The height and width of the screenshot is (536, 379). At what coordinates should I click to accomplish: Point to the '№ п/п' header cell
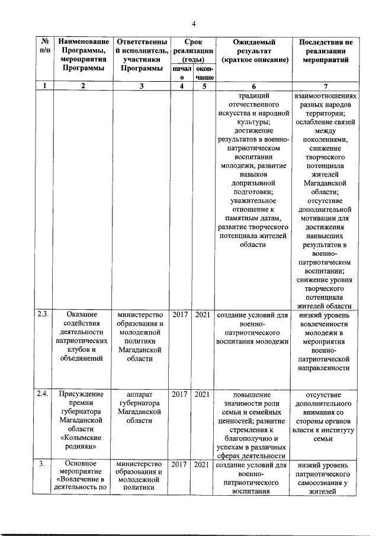44,47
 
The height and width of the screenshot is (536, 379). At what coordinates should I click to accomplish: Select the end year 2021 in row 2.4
203,394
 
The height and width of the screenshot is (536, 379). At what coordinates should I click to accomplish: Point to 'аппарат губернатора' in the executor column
140,399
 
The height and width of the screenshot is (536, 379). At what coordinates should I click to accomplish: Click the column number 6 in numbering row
253,86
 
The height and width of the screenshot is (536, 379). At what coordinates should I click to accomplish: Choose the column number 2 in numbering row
83,86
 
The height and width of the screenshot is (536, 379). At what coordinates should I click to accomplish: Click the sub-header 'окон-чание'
203,73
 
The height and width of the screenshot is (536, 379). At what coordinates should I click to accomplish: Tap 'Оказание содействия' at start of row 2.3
83,319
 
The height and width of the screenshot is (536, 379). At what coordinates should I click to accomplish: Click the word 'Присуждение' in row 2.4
83,394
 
